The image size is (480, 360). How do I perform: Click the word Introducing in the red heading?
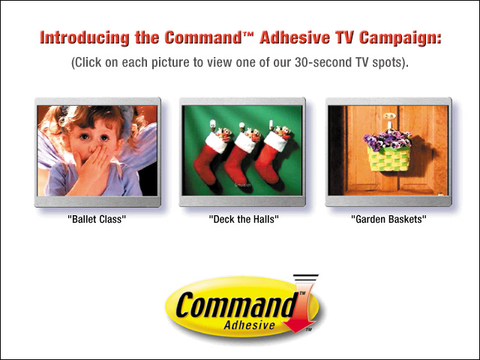click(85, 38)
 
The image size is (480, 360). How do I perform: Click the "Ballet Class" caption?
click(97, 219)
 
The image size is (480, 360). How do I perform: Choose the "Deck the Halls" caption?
click(244, 219)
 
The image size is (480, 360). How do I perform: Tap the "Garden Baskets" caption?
click(388, 219)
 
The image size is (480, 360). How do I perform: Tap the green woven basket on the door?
click(388, 158)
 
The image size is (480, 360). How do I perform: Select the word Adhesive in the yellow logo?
click(249, 325)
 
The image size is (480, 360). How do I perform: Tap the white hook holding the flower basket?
click(389, 125)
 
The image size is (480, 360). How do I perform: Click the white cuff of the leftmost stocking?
click(217, 142)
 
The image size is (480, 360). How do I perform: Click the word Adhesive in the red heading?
click(295, 37)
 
